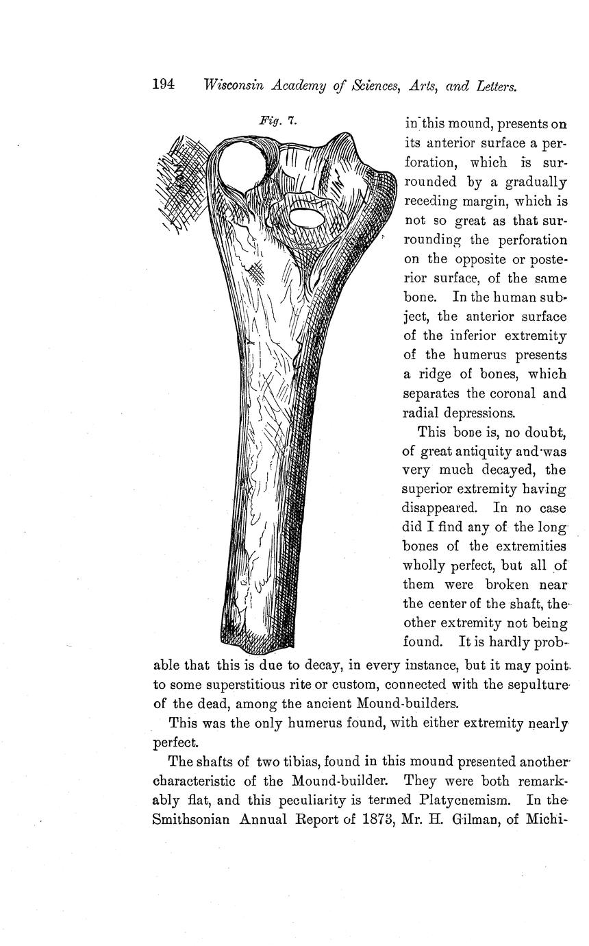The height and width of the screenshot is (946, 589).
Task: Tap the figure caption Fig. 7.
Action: point(277,121)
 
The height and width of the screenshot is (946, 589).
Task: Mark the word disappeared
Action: point(438,509)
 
